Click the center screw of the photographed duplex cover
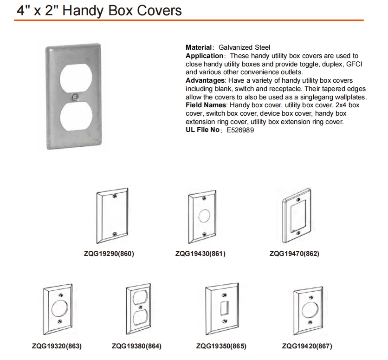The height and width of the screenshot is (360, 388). tap(75, 97)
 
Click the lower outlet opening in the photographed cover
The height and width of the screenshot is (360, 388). tap(76, 116)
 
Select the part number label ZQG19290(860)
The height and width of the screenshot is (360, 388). tap(109, 254)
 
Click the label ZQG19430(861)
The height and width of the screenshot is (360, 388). tap(200, 254)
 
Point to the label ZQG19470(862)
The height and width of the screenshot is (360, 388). tap(294, 254)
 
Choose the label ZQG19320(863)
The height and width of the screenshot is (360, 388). tap(57, 346)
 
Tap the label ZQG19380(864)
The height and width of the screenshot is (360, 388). tap(136, 346)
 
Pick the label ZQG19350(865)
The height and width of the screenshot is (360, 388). tap(221, 346)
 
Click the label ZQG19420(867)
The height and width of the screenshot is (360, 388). tap(307, 346)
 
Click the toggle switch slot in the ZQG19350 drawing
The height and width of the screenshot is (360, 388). tap(224, 308)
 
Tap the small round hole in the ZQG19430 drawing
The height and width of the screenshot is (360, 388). tap(204, 216)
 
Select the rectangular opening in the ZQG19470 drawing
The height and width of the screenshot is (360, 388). tap(298, 216)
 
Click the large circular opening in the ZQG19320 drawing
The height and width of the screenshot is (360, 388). tap(59, 308)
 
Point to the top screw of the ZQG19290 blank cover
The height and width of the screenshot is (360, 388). tap(114, 196)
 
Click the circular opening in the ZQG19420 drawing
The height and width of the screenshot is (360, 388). tap(310, 311)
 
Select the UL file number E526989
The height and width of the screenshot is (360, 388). tap(240, 130)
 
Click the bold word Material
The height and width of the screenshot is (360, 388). tap(199, 47)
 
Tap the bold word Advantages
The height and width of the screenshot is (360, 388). tap(205, 80)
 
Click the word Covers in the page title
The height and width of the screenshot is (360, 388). tap(159, 11)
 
